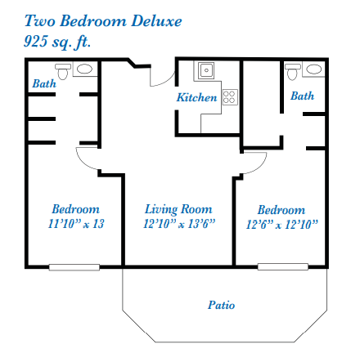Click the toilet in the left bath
(x=63, y=72)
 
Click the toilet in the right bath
(x=292, y=72)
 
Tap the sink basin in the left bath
(x=84, y=69)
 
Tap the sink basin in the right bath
(x=314, y=69)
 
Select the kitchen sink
(x=206, y=70)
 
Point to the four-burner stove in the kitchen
(x=230, y=97)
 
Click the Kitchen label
(x=197, y=97)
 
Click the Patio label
(x=221, y=305)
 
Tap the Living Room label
(x=178, y=209)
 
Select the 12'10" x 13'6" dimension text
(x=179, y=224)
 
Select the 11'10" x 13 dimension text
(x=76, y=224)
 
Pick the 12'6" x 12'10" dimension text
(x=282, y=225)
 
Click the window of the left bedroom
(x=74, y=267)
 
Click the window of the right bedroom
(x=283, y=266)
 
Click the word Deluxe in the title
(x=156, y=21)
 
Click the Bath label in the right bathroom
(x=302, y=96)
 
